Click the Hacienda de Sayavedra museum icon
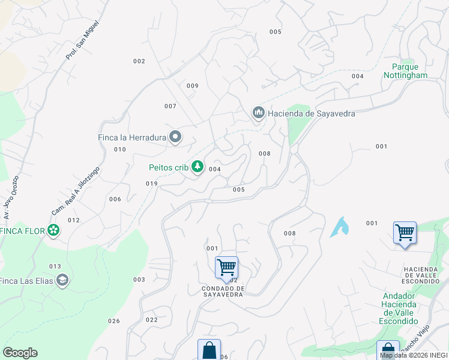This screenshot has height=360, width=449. [x=259, y=113]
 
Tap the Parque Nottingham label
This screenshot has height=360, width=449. [x=406, y=71]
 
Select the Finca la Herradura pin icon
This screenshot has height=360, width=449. [x=175, y=137]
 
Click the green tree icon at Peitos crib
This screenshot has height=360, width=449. [x=197, y=167]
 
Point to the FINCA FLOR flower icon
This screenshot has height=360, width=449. [x=53, y=230]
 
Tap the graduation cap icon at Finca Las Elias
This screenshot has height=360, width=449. [x=62, y=280]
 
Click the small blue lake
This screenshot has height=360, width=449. [x=340, y=227]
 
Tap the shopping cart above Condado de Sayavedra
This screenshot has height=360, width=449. [x=226, y=267]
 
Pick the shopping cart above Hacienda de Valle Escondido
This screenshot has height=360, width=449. [x=405, y=232]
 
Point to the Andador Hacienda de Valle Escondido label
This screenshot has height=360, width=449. [x=399, y=308]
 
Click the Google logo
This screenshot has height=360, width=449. [x=20, y=353]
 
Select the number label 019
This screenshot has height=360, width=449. [x=151, y=184]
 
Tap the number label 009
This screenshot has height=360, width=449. [x=192, y=86]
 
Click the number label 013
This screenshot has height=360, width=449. [x=55, y=266]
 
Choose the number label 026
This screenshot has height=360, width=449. [x=114, y=321]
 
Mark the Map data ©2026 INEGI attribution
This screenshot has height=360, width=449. [x=414, y=355]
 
